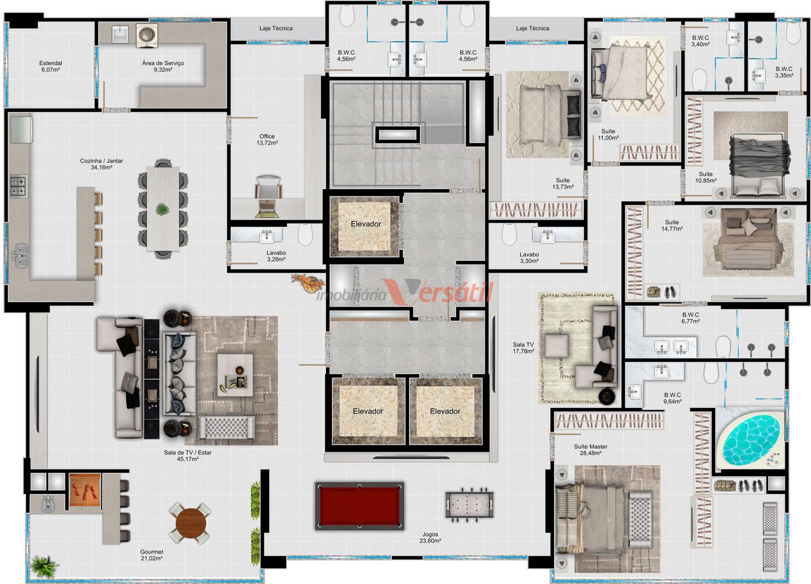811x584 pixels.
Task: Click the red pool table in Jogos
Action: (x=359, y=506)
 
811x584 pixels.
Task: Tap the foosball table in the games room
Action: (x=469, y=504)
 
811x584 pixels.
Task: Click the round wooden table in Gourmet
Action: (x=191, y=523)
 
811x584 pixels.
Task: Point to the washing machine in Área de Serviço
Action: (x=147, y=36)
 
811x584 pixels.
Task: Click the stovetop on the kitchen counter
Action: (x=18, y=186)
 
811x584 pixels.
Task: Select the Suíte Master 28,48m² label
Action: (x=590, y=449)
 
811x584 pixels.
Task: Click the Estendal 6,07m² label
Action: (x=51, y=66)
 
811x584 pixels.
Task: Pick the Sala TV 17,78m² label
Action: (x=523, y=348)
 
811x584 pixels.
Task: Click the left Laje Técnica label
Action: (x=276, y=28)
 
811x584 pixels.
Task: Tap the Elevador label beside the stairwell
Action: (x=366, y=224)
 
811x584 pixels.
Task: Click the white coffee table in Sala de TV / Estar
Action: (x=235, y=375)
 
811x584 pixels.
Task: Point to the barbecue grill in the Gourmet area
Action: (x=84, y=489)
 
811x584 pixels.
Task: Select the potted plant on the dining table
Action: (x=162, y=209)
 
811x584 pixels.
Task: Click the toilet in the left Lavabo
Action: (x=305, y=234)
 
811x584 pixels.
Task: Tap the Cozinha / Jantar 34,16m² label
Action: (x=101, y=164)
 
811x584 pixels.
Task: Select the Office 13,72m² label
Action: (x=267, y=140)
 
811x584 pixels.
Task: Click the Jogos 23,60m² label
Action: (x=430, y=537)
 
